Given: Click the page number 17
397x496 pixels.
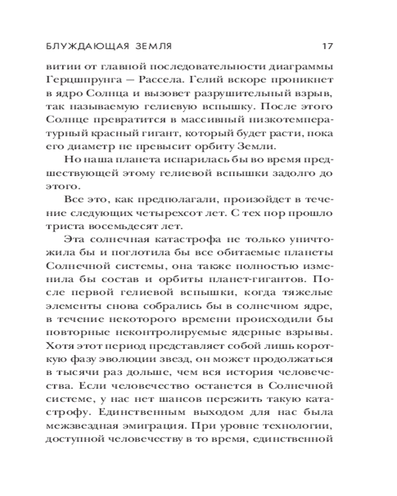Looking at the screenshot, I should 327,47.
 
